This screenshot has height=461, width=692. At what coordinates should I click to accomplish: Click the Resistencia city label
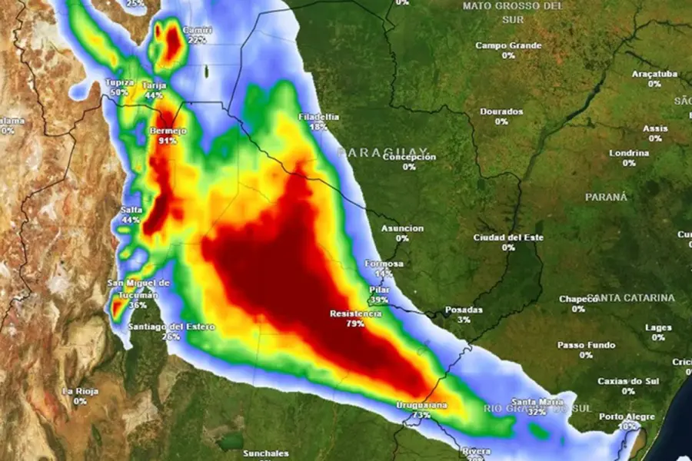(355, 313)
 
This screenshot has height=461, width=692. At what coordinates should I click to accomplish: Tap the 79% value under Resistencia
(355, 323)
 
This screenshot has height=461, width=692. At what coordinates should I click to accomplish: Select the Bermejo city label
(168, 131)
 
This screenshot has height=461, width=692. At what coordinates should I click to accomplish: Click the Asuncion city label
(402, 228)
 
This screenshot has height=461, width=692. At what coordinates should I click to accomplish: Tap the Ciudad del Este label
(508, 237)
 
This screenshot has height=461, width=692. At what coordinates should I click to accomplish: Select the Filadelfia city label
(318, 117)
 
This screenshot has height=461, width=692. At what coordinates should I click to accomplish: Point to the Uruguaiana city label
(421, 405)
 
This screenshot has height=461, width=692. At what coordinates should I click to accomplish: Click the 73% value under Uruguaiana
(421, 415)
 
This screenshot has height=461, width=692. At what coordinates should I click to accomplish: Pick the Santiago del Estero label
(171, 327)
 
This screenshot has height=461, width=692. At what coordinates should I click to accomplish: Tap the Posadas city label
(464, 310)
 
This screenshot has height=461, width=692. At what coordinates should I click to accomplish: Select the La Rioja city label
(80, 391)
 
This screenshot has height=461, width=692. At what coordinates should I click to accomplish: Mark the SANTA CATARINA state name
(631, 297)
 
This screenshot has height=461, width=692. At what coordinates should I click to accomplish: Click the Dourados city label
(501, 111)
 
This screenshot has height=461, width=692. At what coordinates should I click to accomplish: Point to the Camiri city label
(198, 31)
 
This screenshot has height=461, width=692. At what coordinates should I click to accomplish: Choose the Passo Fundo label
(586, 345)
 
